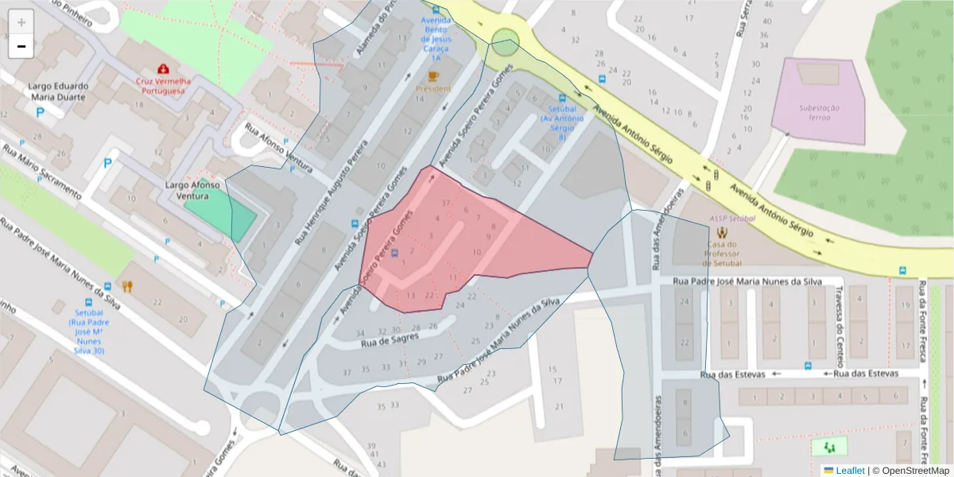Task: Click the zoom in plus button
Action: (21, 22)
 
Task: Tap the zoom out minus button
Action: (21, 47)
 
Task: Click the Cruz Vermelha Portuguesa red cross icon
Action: (163, 68)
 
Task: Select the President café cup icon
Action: (432, 76)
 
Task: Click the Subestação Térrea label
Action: (821, 112)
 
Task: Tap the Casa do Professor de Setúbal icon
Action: (722, 233)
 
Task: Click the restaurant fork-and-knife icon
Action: (126, 286)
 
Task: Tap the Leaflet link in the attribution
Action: (849, 471)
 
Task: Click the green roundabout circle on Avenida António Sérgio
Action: (505, 42)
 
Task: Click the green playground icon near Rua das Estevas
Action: (829, 446)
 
